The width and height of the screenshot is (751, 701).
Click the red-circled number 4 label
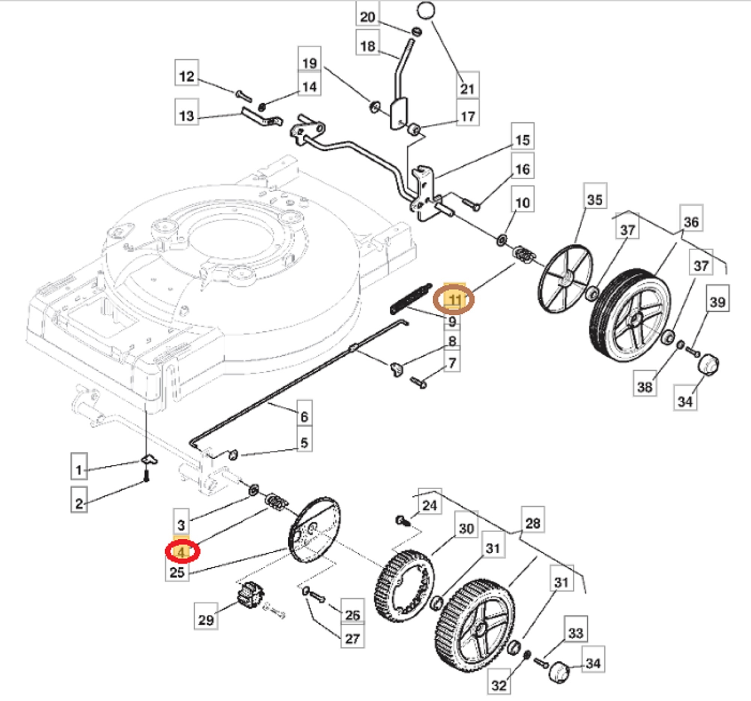point(182,552)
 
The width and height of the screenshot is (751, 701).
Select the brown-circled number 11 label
point(454,300)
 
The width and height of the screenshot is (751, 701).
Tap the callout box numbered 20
point(368,17)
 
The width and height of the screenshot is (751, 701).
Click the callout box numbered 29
point(206,620)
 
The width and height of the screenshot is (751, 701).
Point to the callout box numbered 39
point(718,302)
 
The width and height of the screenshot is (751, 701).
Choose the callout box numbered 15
point(522,140)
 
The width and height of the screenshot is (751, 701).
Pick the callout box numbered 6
point(304,417)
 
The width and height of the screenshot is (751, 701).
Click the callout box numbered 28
point(533,523)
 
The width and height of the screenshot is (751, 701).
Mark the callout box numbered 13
point(187,116)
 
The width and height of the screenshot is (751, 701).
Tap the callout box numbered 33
point(576,633)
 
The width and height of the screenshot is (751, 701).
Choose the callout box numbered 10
point(522,203)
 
